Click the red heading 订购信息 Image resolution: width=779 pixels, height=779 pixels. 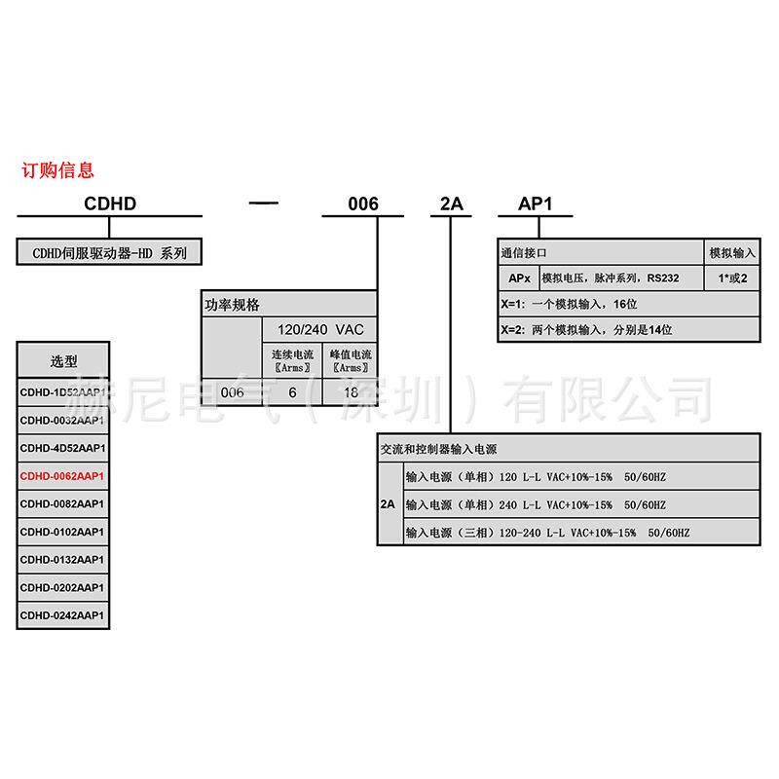[x=58, y=170]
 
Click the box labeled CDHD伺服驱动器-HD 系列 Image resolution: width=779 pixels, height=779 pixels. [x=109, y=253]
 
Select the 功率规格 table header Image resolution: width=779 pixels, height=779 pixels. [x=233, y=304]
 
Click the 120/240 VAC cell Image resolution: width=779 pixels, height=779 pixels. [x=319, y=329]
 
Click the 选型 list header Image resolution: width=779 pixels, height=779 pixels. [x=63, y=359]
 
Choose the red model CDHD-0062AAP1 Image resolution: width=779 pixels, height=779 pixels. [x=62, y=476]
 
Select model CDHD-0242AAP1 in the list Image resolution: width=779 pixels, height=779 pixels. [x=62, y=615]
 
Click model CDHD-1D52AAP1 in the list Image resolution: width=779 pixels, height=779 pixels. [x=62, y=391]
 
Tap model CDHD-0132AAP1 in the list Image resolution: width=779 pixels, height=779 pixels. [x=62, y=560]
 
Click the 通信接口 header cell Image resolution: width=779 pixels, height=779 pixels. [x=524, y=253]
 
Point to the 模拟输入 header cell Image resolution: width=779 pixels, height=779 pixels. [x=732, y=253]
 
